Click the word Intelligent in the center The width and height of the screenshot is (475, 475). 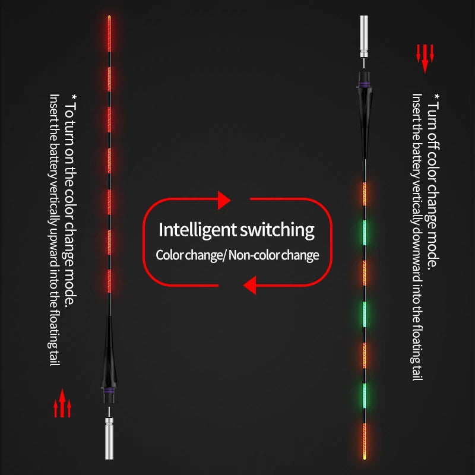pos(197,230)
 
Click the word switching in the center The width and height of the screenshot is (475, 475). pos(277,230)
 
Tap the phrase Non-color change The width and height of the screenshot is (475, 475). pos(274,255)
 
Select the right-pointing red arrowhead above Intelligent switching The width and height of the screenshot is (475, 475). pos(224,200)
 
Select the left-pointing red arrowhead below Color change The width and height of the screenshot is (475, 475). pos(249,285)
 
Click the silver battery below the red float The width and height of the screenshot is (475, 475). pos(109,438)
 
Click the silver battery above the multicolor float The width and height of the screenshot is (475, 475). pos(364,37)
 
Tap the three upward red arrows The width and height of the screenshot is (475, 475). pos(62,403)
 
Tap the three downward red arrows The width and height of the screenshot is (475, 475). pos(425,59)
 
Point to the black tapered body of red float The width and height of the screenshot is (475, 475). pos(109,351)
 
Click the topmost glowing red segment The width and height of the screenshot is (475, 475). pos(109,33)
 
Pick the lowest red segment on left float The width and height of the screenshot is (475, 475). pos(109,281)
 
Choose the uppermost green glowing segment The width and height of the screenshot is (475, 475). pos(365,233)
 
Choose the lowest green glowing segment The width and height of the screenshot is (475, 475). pos(365,396)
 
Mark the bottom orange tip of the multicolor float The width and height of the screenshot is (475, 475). pos(365,458)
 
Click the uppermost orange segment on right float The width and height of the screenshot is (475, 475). pos(365,194)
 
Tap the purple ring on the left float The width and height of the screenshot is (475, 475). pos(109,391)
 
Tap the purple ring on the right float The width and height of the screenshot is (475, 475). pos(365,84)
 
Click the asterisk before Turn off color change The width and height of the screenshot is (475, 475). pos(436,97)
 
